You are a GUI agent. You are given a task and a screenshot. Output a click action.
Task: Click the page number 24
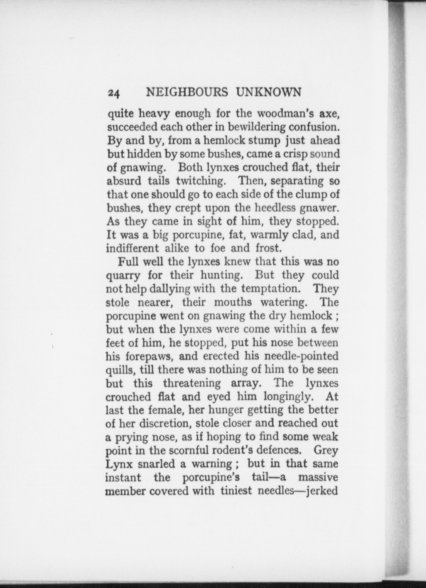pyautogui.click(x=114, y=93)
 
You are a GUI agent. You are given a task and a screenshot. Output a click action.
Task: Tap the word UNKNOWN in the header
pyautogui.click(x=268, y=92)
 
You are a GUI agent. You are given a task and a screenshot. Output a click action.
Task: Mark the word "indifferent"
pyautogui.click(x=133, y=248)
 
